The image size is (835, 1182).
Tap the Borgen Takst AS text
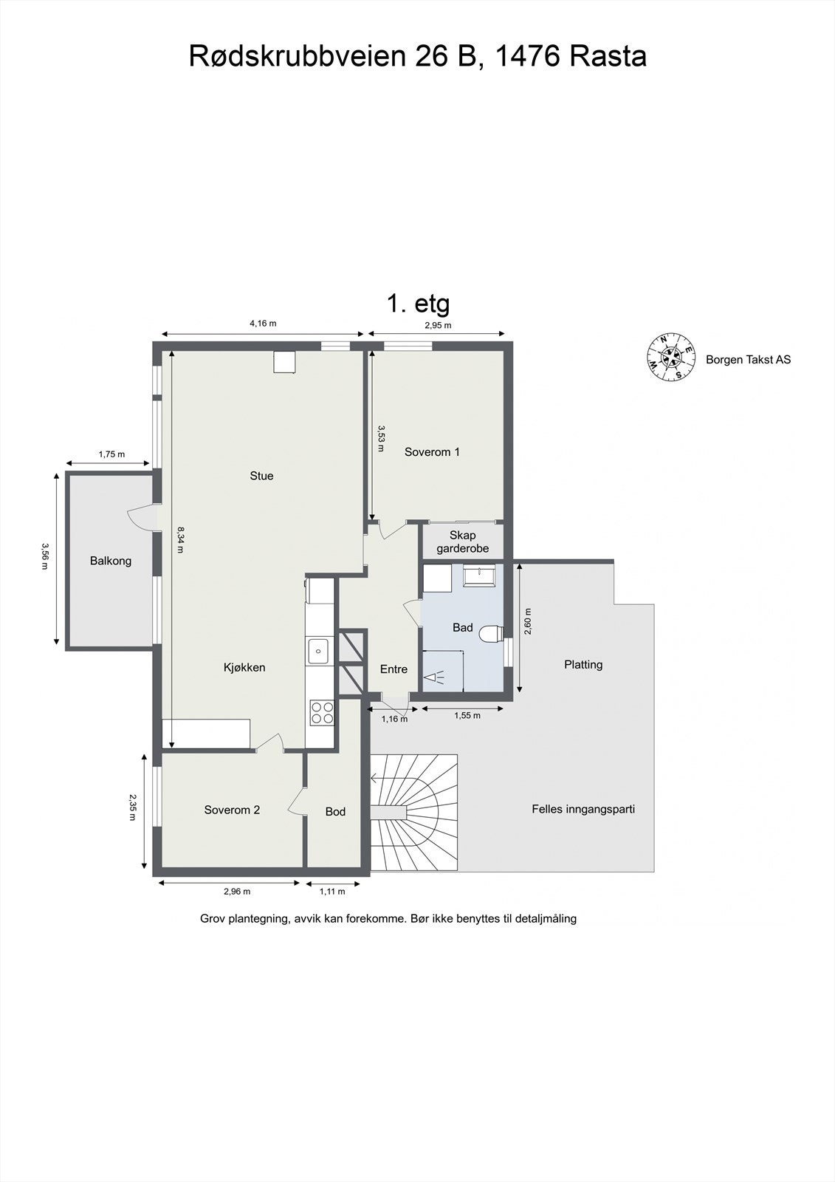tap(748, 360)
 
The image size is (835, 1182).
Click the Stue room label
tap(261, 476)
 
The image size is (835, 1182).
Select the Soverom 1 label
tap(432, 452)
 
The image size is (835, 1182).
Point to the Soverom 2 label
tap(232, 810)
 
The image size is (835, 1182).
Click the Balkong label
tap(110, 561)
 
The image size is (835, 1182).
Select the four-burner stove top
tap(322, 712)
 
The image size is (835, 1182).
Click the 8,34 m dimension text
tap(180, 539)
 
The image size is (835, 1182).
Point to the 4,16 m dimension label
tap(263, 324)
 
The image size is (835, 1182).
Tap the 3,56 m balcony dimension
tap(45, 557)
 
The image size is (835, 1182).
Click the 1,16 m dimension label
tap(394, 719)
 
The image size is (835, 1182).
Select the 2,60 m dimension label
tap(529, 621)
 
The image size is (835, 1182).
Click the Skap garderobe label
tap(463, 542)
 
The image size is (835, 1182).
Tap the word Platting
tap(583, 665)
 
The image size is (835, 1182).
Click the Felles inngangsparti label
tap(583, 809)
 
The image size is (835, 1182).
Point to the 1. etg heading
tap(419, 304)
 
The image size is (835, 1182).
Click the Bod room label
tap(335, 812)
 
